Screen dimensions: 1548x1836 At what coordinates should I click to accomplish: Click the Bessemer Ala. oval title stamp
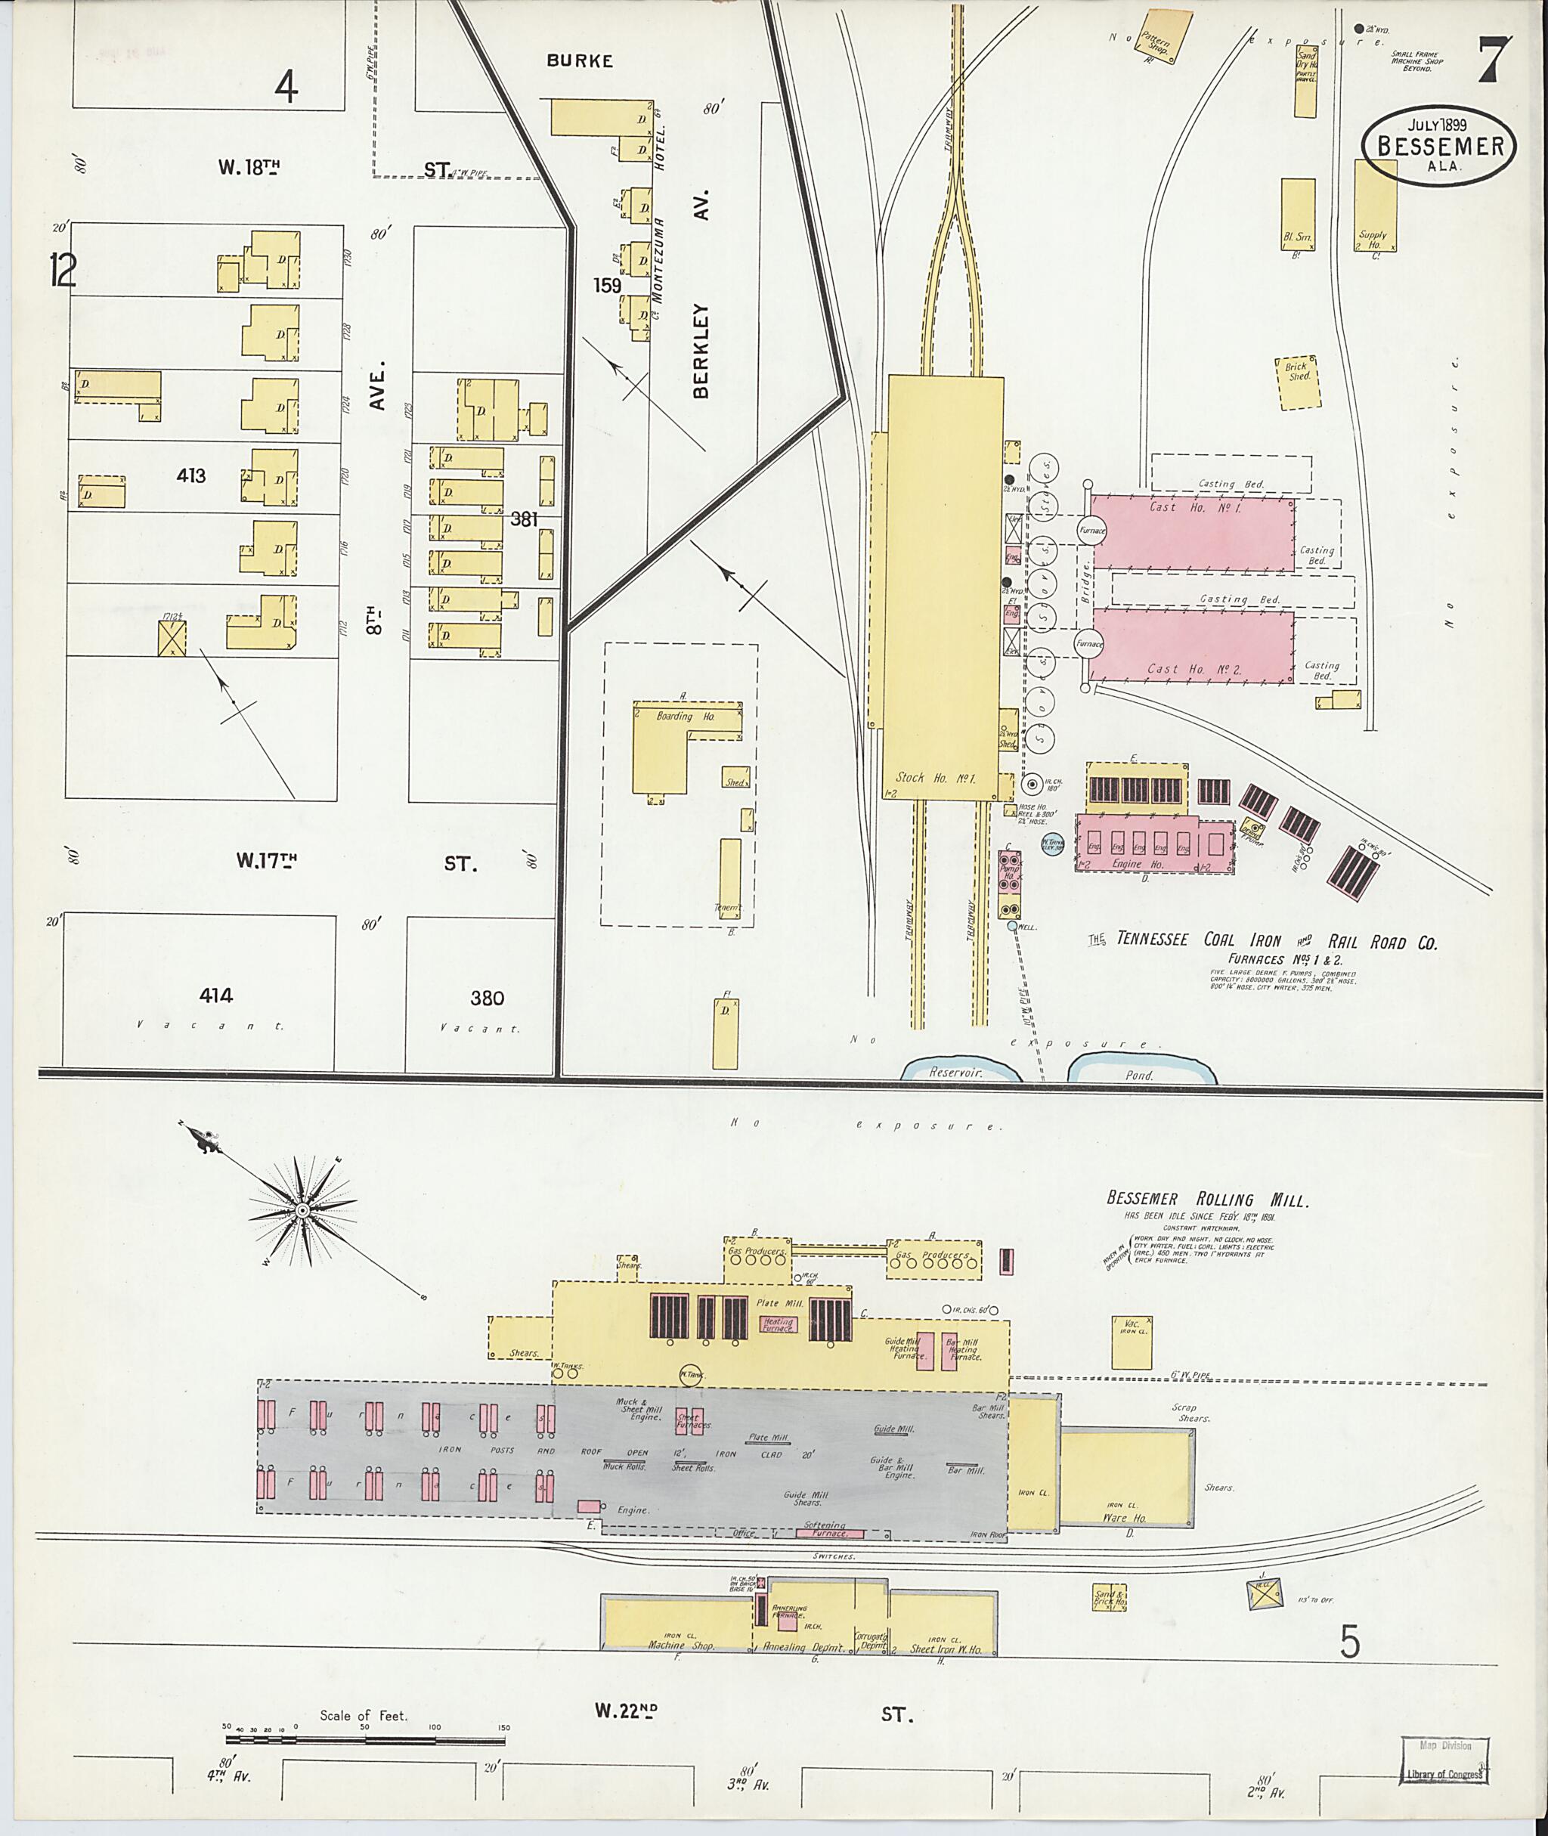pyautogui.click(x=1438, y=147)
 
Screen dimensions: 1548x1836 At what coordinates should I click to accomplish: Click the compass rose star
pyautogui.click(x=302, y=1210)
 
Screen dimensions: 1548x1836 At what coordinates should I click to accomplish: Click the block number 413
pyautogui.click(x=190, y=475)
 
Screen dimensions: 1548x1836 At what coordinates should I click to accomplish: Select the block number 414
pyautogui.click(x=216, y=995)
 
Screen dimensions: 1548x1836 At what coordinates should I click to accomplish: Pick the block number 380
pyautogui.click(x=487, y=998)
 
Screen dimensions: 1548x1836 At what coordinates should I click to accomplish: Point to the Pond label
pyautogui.click(x=1139, y=1075)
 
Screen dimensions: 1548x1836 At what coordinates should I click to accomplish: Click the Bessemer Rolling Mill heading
pyautogui.click(x=1206, y=1200)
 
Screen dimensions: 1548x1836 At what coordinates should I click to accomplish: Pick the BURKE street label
pyautogui.click(x=579, y=60)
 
